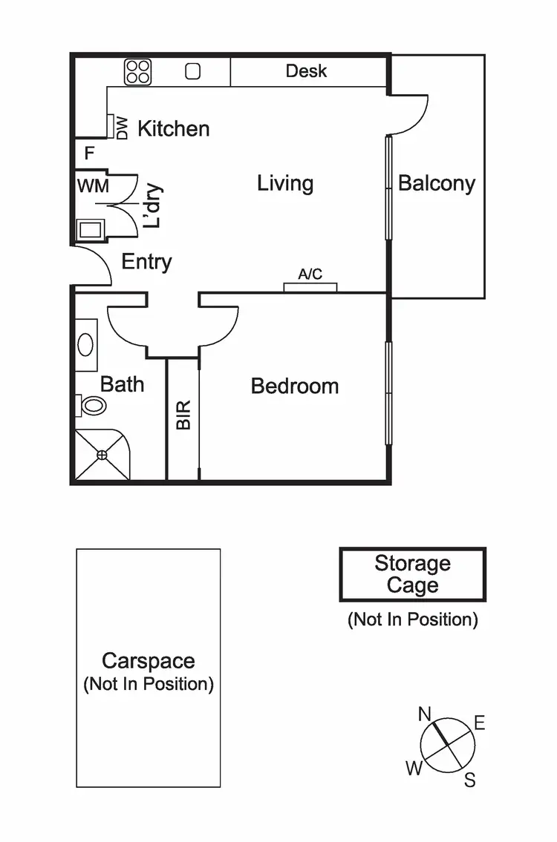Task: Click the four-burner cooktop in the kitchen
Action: (138, 71)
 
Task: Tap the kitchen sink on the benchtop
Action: (193, 71)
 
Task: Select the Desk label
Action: (306, 71)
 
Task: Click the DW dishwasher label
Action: (122, 128)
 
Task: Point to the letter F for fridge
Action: (89, 154)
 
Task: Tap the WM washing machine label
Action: (93, 185)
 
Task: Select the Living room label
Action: (285, 183)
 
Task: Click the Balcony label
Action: (437, 183)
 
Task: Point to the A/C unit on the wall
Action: (310, 286)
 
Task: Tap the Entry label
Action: (146, 262)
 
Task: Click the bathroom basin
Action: (86, 345)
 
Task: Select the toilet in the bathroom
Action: (92, 405)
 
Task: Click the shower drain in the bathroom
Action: (102, 455)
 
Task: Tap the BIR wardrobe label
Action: (183, 415)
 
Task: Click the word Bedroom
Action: (295, 386)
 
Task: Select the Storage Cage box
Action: (412, 574)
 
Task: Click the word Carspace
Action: (149, 661)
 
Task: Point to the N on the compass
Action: (425, 714)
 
